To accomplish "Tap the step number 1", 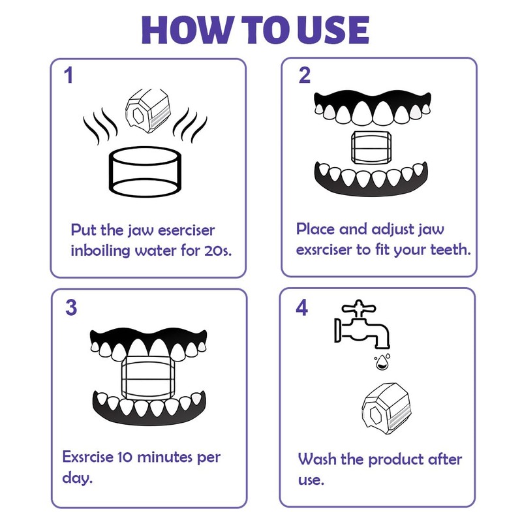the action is [69, 76].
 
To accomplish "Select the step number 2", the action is [304, 75].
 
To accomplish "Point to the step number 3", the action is [71, 307].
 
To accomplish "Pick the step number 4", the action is [302, 307].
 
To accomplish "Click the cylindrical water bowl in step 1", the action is [145, 172].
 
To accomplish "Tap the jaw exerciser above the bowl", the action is [148, 111].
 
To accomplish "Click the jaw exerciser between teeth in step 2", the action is [371, 147].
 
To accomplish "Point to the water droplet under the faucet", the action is [382, 362].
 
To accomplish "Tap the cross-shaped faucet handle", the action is [359, 309].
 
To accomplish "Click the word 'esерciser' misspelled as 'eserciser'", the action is [186, 230].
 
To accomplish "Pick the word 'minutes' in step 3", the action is [165, 457].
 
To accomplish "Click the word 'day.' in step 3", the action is [77, 478].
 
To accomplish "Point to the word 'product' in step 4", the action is [396, 460].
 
